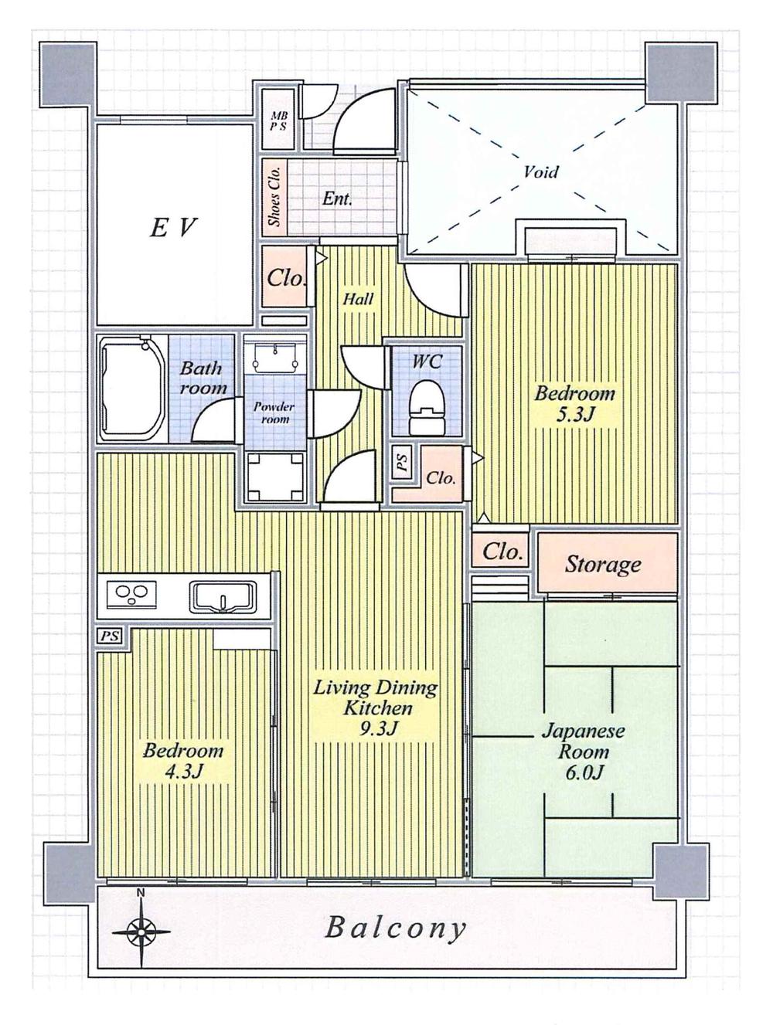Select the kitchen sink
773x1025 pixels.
point(222,596)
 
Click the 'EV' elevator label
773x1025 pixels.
point(174,228)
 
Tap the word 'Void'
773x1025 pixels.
point(540,171)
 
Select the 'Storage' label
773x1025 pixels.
point(603,565)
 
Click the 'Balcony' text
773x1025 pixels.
point(396,927)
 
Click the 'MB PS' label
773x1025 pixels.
point(278,121)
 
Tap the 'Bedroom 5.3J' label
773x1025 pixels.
point(575,404)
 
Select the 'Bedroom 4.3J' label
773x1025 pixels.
point(183,761)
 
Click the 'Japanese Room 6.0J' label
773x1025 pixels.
point(583,752)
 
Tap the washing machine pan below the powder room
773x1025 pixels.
point(274,476)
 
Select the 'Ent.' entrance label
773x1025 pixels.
point(337,199)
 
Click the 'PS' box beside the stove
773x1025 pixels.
point(110,636)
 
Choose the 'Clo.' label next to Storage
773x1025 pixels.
point(502,552)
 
